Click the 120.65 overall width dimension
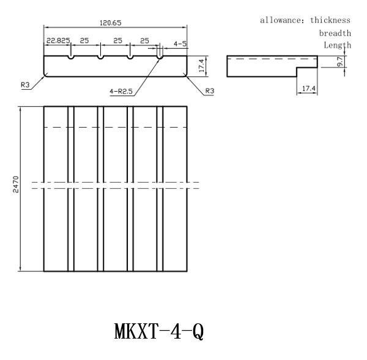tap(111, 23)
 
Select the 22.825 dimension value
tap(58, 41)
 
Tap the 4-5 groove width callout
tap(180, 44)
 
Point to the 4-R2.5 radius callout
tap(121, 91)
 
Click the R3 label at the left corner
tap(25, 85)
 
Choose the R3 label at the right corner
tap(209, 90)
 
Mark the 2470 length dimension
tap(16, 185)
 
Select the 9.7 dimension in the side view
tap(340, 62)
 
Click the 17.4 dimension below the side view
tap(309, 89)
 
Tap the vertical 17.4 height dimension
tap(201, 65)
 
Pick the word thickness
tap(330, 20)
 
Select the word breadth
tap(335, 33)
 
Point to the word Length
tap(337, 45)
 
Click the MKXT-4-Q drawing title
tap(159, 331)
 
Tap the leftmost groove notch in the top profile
tap(71, 57)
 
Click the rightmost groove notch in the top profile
tap(160, 57)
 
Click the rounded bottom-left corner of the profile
tap(45, 75)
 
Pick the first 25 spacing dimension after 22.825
tap(84, 41)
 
